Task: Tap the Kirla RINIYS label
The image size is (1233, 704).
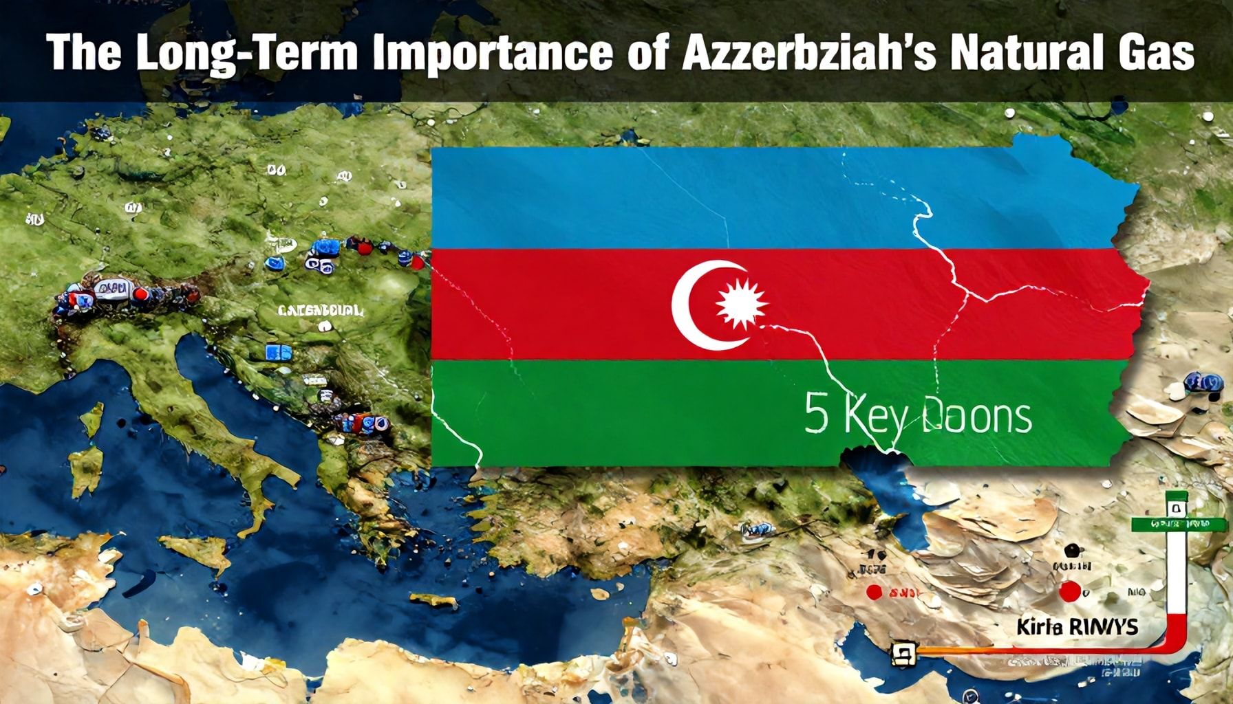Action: point(1077,626)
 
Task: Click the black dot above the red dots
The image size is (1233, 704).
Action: point(1071,549)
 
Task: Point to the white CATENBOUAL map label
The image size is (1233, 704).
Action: point(321,311)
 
